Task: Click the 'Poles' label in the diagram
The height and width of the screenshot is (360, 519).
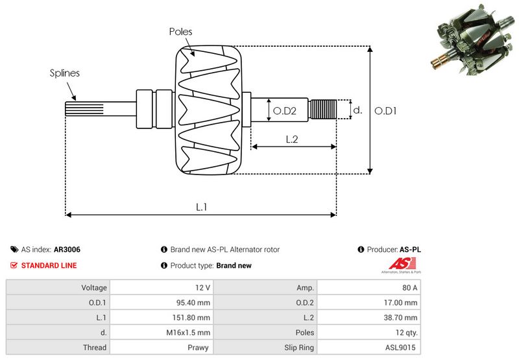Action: (180, 31)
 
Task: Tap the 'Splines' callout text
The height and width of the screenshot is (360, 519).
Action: (65, 73)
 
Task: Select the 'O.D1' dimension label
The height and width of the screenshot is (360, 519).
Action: (386, 111)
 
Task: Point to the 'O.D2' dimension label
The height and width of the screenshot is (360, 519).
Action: (284, 111)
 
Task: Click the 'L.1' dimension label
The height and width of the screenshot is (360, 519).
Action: (202, 207)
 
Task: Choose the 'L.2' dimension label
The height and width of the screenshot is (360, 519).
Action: (292, 139)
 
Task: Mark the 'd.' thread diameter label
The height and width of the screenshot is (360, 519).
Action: (357, 110)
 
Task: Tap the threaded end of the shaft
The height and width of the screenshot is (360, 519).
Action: (324, 110)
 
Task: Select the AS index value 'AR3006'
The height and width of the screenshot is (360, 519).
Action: (67, 250)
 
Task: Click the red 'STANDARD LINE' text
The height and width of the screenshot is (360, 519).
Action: (49, 265)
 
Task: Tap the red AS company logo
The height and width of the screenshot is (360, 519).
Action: (397, 264)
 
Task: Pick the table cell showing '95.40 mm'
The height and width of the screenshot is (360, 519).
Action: (195, 302)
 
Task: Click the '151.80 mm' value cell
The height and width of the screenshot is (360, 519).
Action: (195, 317)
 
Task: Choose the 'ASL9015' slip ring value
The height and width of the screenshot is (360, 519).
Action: (402, 347)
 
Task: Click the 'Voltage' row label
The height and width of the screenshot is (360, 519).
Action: (94, 287)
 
